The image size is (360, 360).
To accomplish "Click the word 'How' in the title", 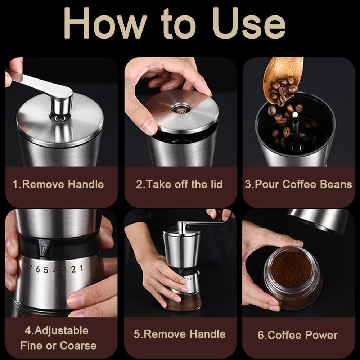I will click(104, 24).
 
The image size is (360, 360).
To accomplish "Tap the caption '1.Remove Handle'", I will click(58, 185).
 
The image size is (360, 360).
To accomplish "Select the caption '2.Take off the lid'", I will click(179, 185).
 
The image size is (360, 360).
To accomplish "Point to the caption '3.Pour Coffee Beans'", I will click(298, 185).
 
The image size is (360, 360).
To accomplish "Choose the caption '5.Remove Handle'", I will click(180, 334).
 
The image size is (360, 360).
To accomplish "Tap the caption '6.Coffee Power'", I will click(297, 335).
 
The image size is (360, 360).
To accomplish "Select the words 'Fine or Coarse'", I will click(58, 346).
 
